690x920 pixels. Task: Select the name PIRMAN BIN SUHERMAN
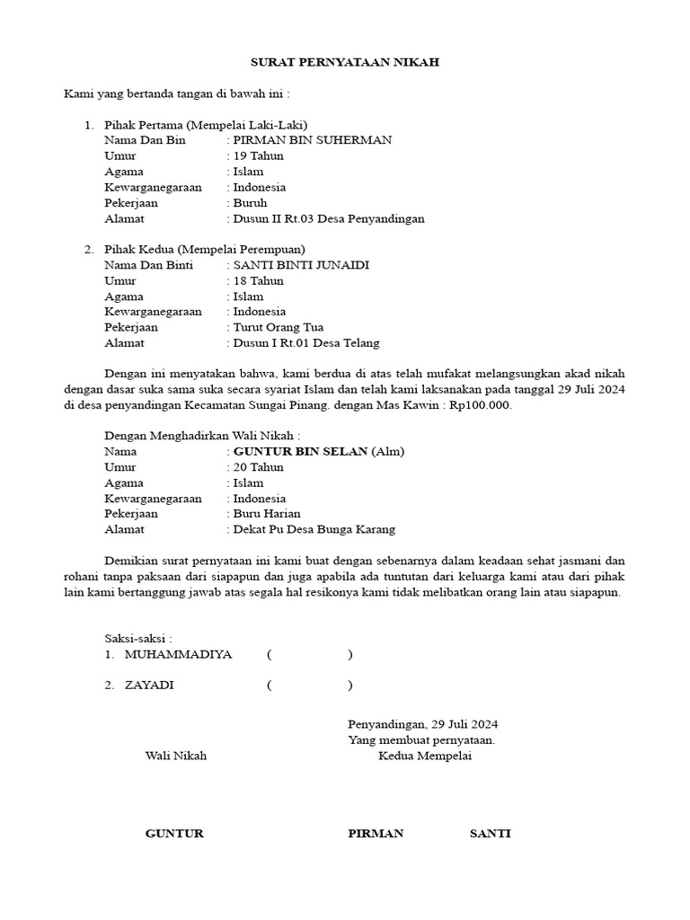[x=313, y=140]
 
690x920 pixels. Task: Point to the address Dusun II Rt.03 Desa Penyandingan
[x=329, y=218]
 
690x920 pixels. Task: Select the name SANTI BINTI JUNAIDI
[x=301, y=265]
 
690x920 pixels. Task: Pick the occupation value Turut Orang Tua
[x=279, y=327]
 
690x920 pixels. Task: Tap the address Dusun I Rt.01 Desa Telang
[x=306, y=342]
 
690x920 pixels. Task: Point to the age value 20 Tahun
[x=259, y=467]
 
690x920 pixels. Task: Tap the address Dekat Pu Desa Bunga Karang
[x=314, y=529]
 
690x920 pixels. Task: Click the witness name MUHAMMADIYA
[x=179, y=654]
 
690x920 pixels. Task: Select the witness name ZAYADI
[x=150, y=685]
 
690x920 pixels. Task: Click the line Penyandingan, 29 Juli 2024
[x=423, y=724]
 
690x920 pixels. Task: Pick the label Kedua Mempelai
[x=425, y=756]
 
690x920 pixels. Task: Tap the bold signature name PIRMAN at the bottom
[x=376, y=834]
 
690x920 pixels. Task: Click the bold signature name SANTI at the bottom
[x=491, y=834]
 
